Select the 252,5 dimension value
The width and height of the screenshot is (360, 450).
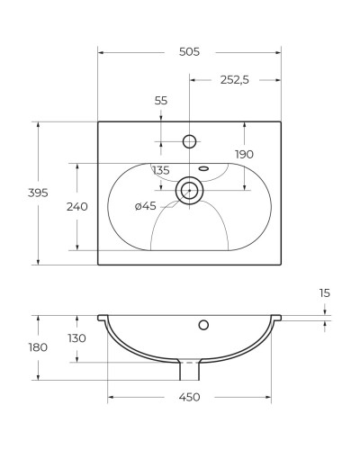(235, 80)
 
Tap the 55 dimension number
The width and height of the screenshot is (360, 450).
(161, 101)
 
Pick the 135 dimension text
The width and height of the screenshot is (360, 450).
(161, 170)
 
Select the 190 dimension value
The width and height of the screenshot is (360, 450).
(244, 154)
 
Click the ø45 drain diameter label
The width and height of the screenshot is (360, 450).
(145, 206)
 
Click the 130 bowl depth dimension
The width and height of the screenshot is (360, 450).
(76, 338)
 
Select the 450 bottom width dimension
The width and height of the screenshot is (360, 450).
(189, 397)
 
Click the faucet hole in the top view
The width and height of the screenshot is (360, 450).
(189, 140)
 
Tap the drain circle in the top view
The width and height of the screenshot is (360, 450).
(189, 190)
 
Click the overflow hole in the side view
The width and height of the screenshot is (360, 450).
(203, 324)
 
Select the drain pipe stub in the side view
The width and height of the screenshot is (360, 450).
(189, 369)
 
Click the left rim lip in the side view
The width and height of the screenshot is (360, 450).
(102, 317)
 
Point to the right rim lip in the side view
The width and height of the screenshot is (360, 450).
(276, 317)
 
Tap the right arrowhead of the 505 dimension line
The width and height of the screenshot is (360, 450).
(277, 53)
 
